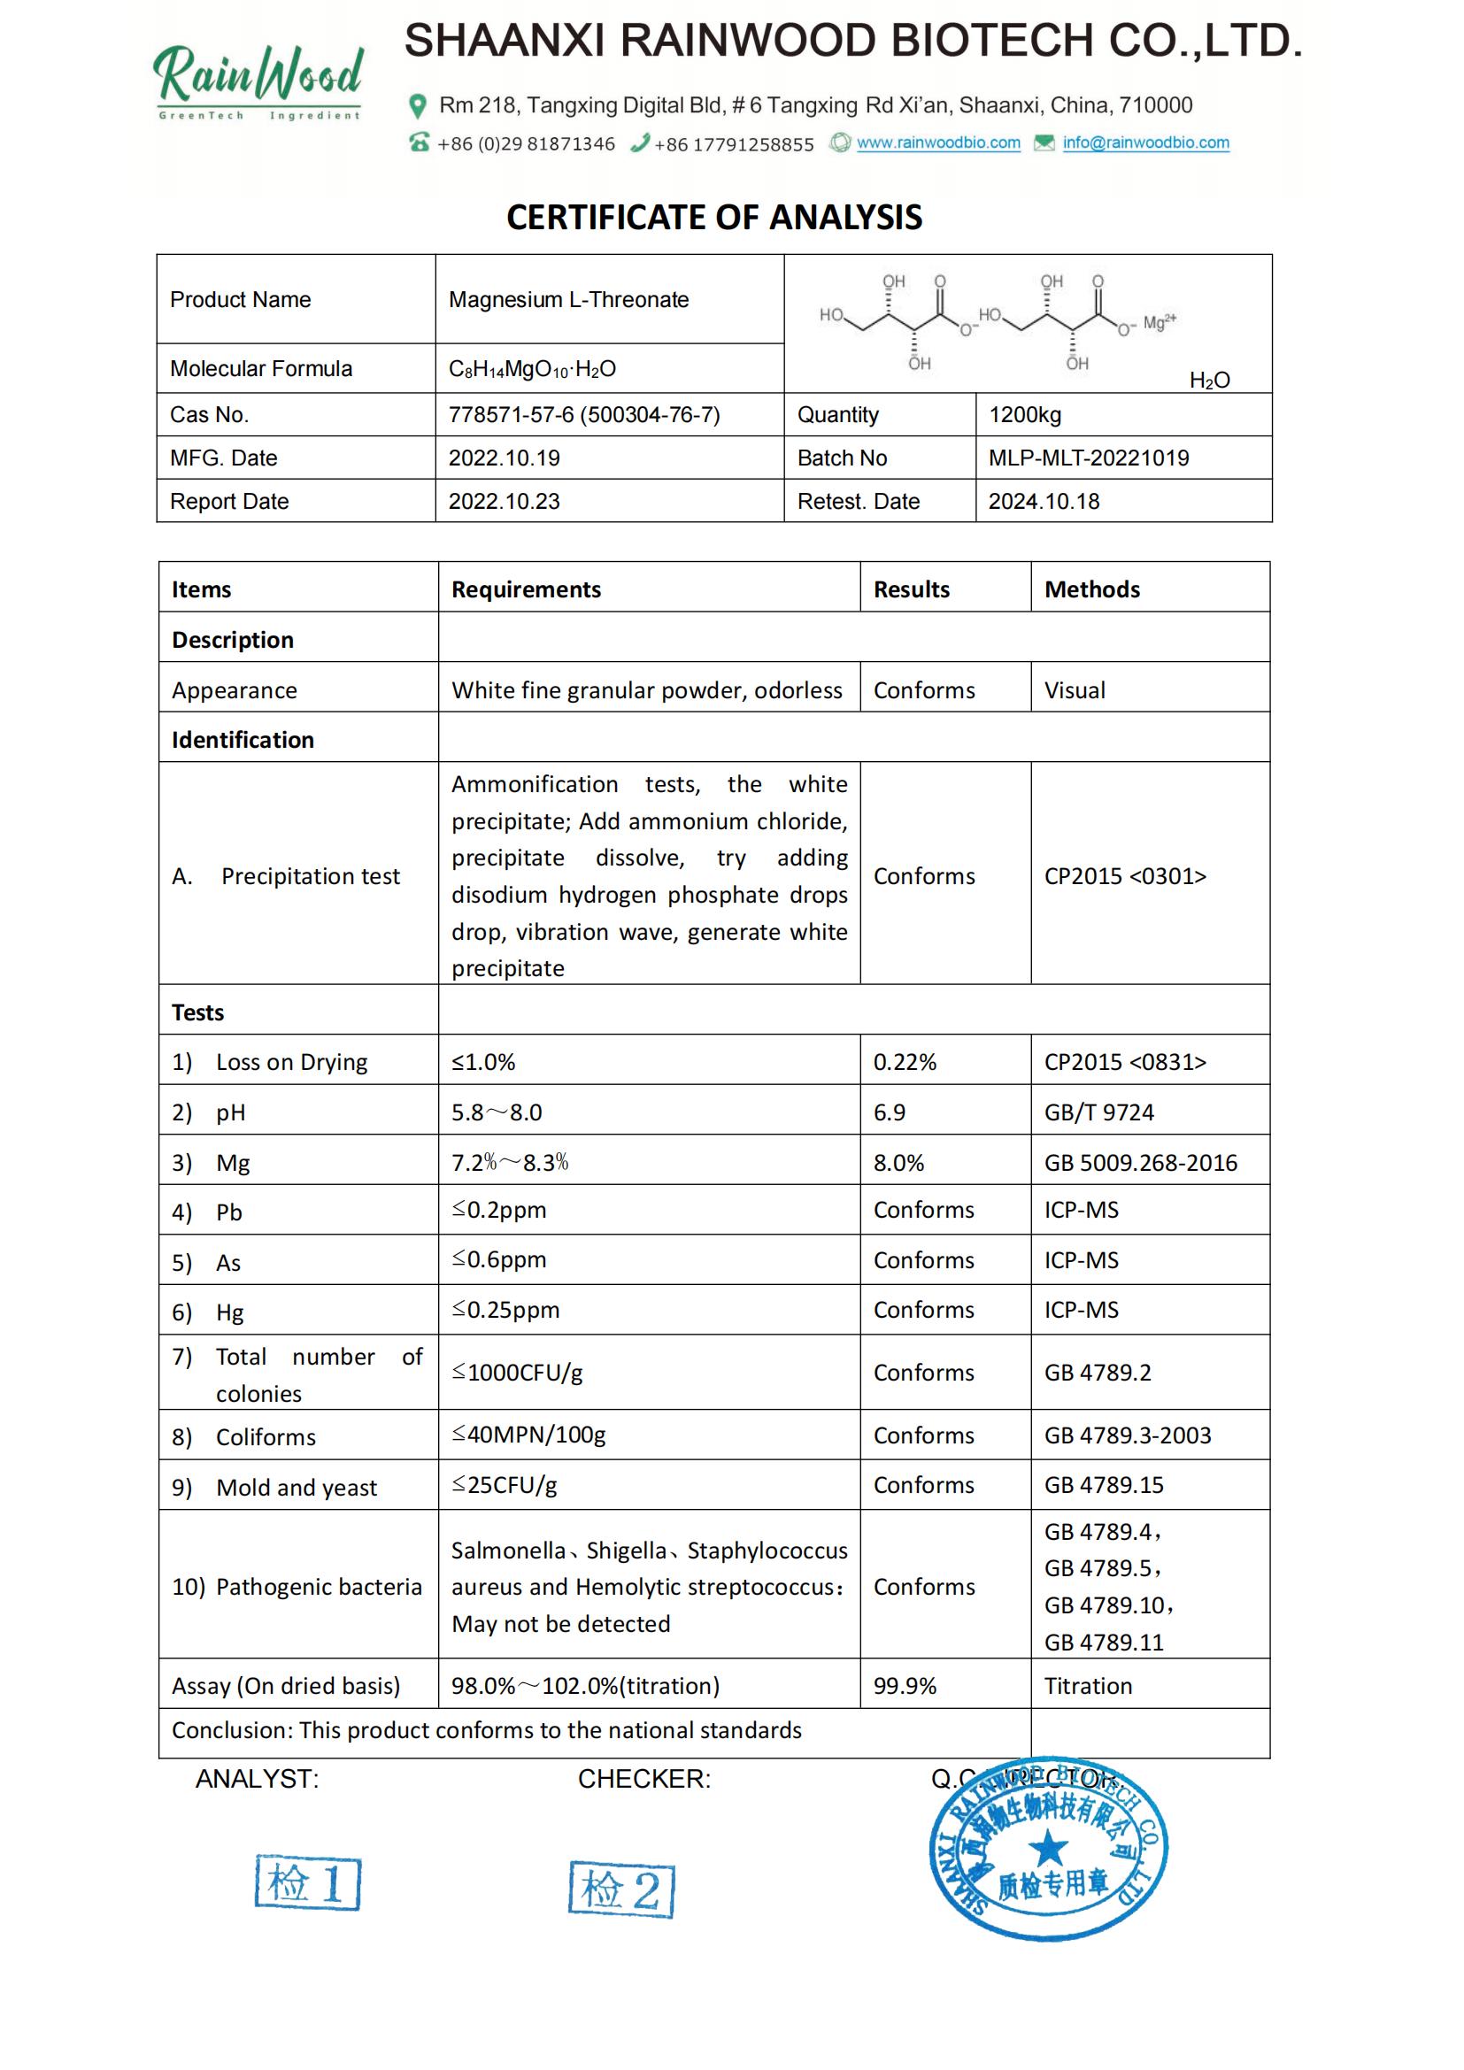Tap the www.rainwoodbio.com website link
point(937,142)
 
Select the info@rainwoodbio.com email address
point(1144,142)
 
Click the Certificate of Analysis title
point(714,218)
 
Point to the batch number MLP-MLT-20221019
point(1088,458)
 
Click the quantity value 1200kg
point(1025,415)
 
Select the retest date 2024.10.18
point(1044,501)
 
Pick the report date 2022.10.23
point(504,501)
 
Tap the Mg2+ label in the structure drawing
point(1160,322)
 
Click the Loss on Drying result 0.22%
point(905,1062)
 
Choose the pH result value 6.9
point(889,1112)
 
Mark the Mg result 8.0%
point(898,1163)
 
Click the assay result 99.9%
point(905,1686)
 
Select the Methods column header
point(1091,589)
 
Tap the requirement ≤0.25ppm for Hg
point(505,1310)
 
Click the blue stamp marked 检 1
point(307,1882)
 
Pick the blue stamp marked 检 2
point(621,1889)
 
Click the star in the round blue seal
point(1047,1849)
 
